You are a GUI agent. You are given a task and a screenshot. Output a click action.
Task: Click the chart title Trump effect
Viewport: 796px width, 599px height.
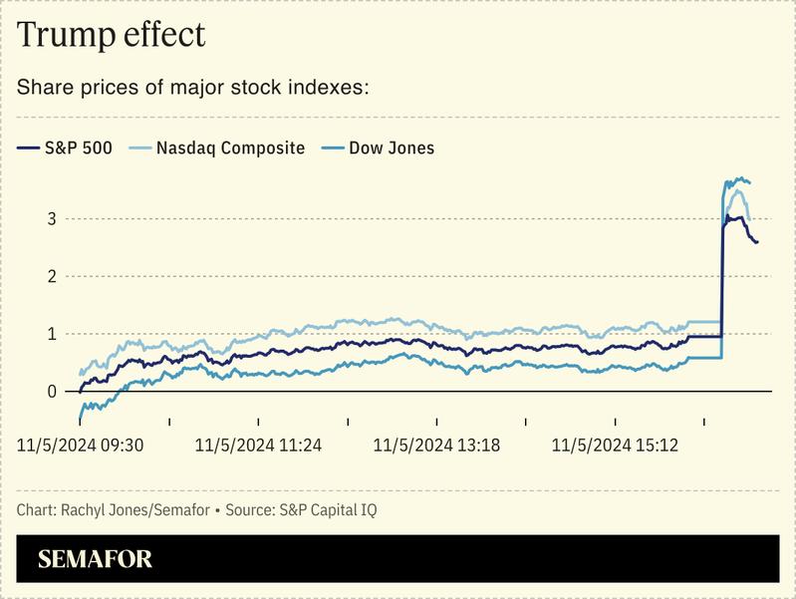[x=111, y=35]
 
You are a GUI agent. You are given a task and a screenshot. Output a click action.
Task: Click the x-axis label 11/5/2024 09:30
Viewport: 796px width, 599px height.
[x=81, y=446]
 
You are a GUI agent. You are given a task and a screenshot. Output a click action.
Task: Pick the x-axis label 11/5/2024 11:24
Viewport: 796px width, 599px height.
[x=258, y=446]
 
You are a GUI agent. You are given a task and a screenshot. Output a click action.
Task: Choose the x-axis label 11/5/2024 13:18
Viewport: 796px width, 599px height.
[x=436, y=446]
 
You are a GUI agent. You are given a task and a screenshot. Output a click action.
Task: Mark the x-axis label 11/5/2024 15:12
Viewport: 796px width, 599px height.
[x=615, y=446]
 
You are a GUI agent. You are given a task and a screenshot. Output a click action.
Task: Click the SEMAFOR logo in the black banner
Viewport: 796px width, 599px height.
[x=95, y=559]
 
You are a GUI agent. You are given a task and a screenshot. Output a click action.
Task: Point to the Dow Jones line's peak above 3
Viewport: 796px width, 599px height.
[x=738, y=179]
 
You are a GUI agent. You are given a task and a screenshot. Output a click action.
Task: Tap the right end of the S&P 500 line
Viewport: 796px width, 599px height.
[x=757, y=242]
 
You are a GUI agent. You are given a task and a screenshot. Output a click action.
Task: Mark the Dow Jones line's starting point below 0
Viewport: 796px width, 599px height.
[x=80, y=420]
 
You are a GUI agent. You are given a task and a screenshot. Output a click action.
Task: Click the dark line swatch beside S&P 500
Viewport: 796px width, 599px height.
[x=27, y=149]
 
